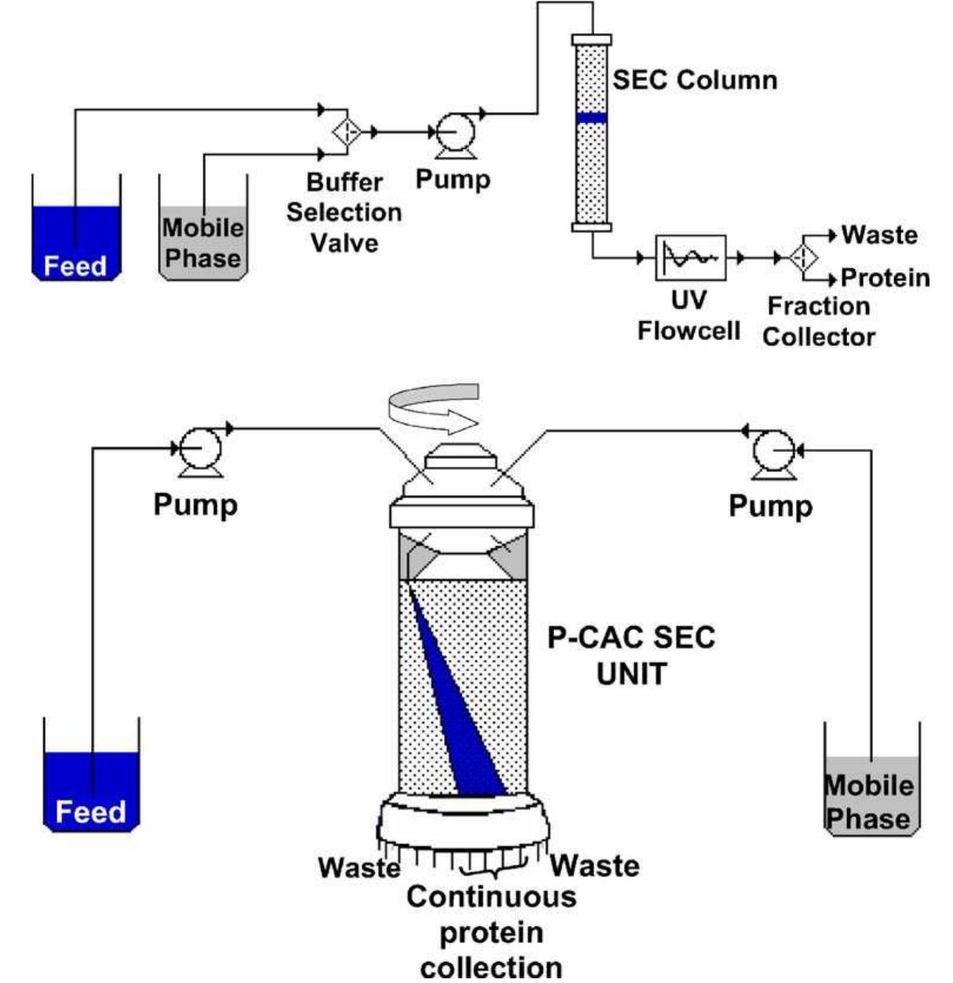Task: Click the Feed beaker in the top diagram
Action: (75, 239)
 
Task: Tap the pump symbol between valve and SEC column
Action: (452, 131)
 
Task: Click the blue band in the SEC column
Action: (591, 118)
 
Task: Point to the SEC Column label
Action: (695, 80)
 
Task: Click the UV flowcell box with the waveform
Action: (690, 257)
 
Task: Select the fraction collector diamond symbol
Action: (802, 257)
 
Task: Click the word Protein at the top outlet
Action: (885, 279)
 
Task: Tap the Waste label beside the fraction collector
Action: (878, 235)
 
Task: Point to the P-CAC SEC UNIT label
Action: (631, 655)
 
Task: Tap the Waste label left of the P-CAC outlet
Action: (358, 868)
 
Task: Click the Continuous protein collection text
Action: (491, 931)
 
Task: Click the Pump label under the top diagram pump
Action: (453, 179)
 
